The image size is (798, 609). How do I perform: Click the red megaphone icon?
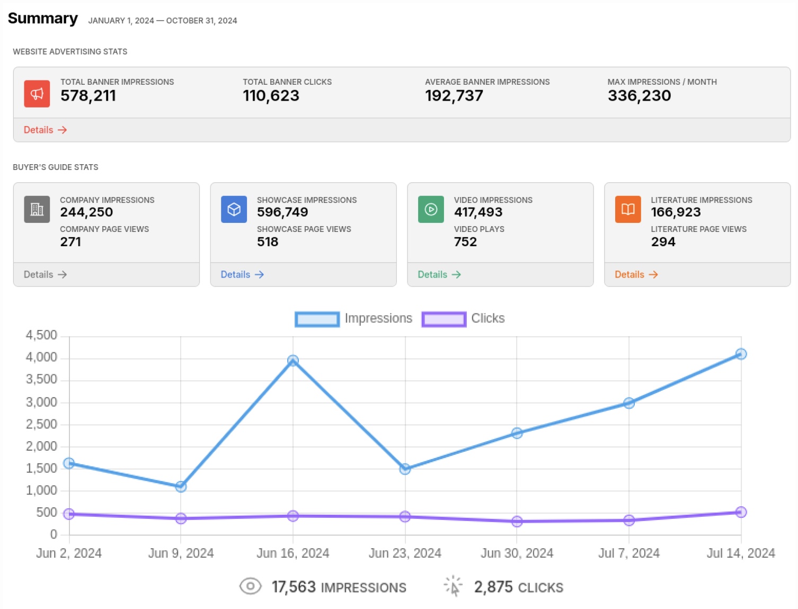point(37,94)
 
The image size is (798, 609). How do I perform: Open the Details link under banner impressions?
point(45,130)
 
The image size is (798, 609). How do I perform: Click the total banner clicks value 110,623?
point(271,96)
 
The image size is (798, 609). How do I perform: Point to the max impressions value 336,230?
point(639,96)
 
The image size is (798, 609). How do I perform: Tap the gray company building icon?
point(37,209)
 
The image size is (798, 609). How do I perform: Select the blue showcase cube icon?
point(234,209)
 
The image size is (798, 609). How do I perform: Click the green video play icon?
point(431,209)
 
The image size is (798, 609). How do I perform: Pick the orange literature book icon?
point(628,209)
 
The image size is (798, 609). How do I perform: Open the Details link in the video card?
point(439,274)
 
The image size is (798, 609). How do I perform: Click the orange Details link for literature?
point(636,274)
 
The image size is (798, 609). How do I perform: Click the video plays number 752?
point(465,242)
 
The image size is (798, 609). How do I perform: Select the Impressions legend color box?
point(317,319)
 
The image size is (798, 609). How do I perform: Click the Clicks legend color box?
point(444,319)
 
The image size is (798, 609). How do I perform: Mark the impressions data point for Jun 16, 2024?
point(293,361)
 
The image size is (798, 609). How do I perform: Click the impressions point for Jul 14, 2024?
point(741,354)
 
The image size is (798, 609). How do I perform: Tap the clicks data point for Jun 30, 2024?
point(517,522)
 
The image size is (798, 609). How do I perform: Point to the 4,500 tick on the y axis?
point(41,335)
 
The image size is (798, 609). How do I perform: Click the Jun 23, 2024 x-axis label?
point(405,553)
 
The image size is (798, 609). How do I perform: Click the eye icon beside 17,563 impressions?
point(250,586)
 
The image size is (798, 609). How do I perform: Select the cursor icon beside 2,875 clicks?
point(453,586)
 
